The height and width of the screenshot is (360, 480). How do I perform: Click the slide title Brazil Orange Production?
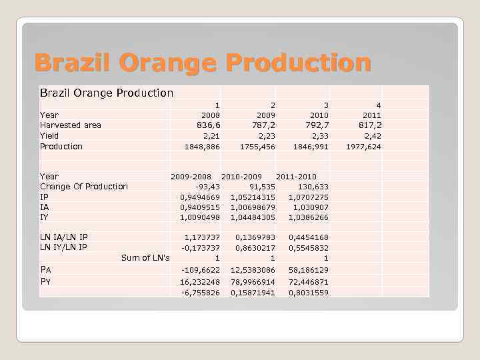point(203,63)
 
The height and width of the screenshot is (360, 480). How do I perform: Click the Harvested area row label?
point(71,125)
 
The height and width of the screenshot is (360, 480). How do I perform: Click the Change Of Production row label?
point(83,187)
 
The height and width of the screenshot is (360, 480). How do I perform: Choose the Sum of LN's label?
point(145,258)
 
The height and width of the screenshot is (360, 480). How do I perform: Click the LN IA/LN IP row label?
point(63,237)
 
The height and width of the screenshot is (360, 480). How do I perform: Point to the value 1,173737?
point(202,237)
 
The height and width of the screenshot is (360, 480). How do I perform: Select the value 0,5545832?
point(308,248)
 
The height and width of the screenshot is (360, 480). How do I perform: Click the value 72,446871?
point(308,282)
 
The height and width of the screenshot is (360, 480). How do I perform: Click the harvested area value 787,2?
point(259,125)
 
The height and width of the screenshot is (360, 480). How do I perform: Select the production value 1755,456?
point(257,147)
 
